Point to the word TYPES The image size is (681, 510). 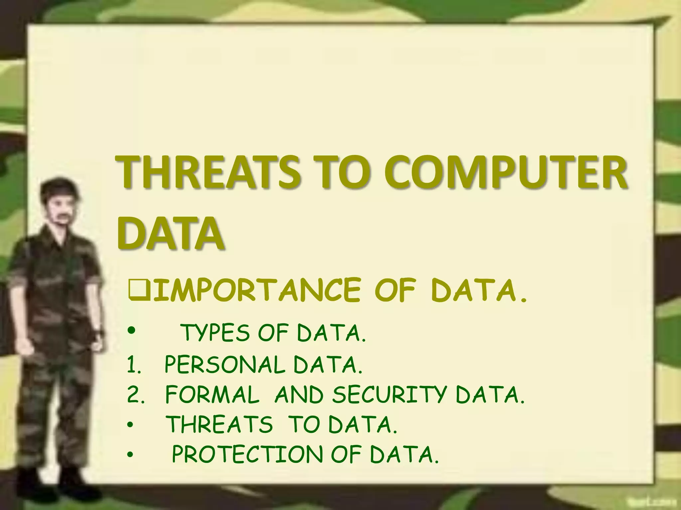pyautogui.click(x=215, y=333)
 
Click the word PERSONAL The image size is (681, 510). pyautogui.click(x=225, y=365)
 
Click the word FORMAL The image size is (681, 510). pyautogui.click(x=212, y=395)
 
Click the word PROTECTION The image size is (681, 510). pyautogui.click(x=247, y=454)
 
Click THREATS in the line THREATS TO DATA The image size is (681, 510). pyautogui.click(x=219, y=424)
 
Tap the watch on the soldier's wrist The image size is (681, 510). pyautogui.click(x=98, y=332)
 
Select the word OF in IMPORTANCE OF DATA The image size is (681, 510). pyautogui.click(x=395, y=291)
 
